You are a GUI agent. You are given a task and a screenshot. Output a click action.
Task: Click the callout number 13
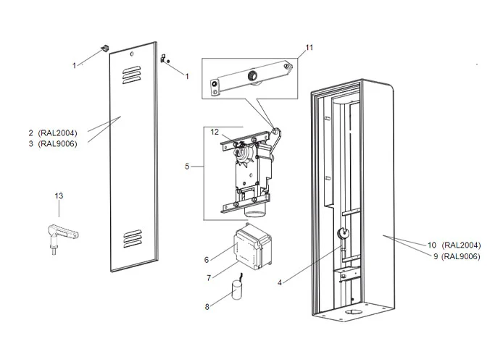[x=59, y=195]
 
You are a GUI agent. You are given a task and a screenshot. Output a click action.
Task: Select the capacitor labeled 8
[x=235, y=292]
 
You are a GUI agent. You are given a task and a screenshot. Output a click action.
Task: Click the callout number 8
[x=207, y=307]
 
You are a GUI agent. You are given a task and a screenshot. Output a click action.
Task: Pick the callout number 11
[x=309, y=48]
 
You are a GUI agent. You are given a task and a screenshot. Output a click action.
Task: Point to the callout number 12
[x=215, y=132]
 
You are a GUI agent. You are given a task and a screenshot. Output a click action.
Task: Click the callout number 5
[x=187, y=166]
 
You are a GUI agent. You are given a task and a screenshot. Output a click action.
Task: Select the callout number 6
[x=206, y=259]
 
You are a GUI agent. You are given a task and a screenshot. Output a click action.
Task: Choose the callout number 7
[x=208, y=278]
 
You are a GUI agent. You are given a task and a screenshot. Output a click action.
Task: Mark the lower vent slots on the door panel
[x=133, y=236]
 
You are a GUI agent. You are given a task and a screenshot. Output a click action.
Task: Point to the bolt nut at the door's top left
[x=106, y=48]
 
